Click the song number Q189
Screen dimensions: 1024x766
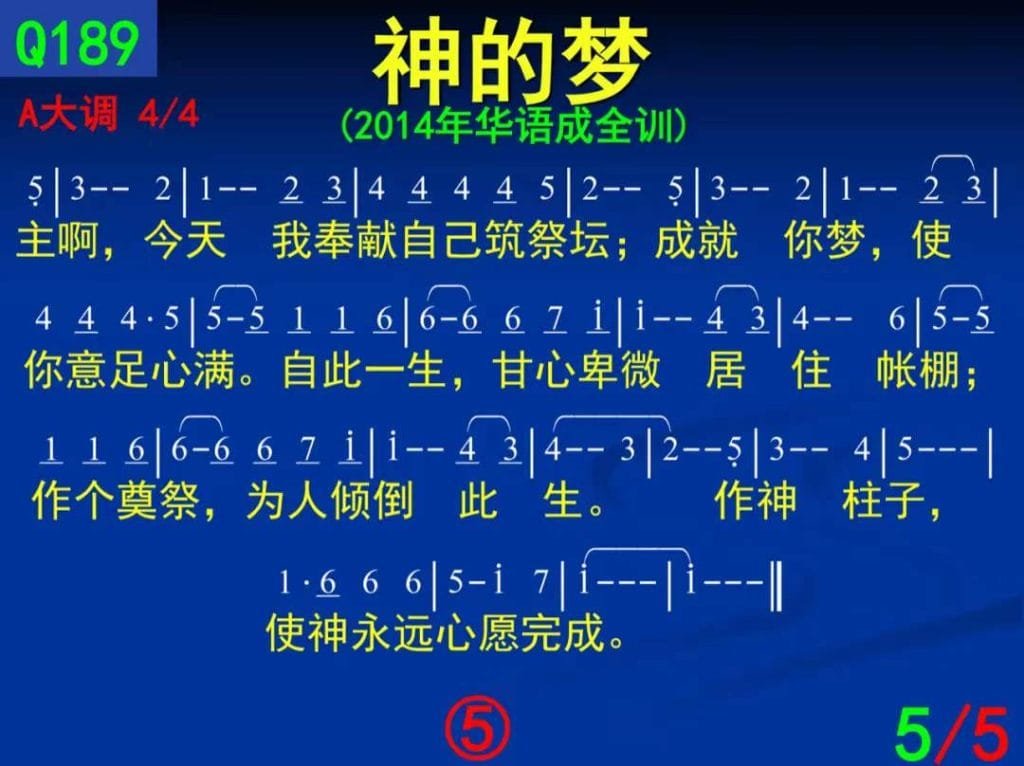pyautogui.click(x=77, y=43)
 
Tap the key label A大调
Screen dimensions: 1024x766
pyautogui.click(x=69, y=114)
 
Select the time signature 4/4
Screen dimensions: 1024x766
pyautogui.click(x=168, y=114)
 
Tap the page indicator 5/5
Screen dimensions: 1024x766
pyautogui.click(x=950, y=731)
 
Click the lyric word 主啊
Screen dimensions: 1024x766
pyautogui.click(x=56, y=240)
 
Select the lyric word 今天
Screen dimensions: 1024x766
pyautogui.click(x=185, y=240)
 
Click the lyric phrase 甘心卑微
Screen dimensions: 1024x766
pyautogui.click(x=577, y=370)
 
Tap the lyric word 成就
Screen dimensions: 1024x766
pyautogui.click(x=696, y=240)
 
